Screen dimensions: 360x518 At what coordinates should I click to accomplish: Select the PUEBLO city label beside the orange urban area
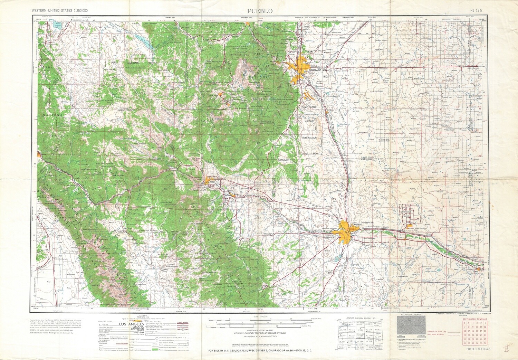tap(358, 225)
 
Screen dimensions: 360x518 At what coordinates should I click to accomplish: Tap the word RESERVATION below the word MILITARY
tap(309, 138)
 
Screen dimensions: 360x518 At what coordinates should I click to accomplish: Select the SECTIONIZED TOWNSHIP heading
tap(475, 319)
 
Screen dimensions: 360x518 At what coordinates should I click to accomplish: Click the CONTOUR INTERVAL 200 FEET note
tap(258, 331)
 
